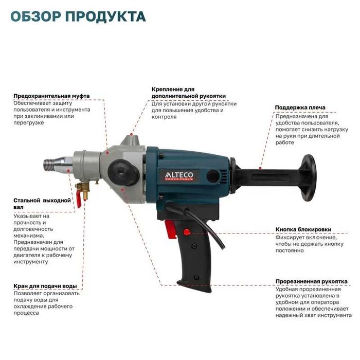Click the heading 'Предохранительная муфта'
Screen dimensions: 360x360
[x=51, y=96]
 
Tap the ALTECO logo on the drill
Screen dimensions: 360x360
[x=175, y=174]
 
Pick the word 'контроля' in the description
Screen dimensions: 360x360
[x=164, y=117]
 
